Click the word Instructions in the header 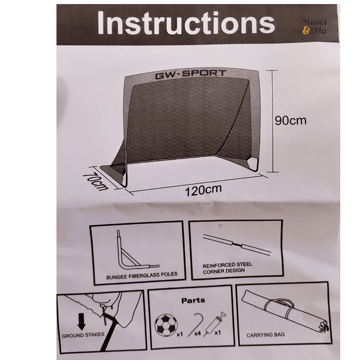coord(186,23)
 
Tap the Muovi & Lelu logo coord(314,27)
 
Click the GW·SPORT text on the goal coord(190,74)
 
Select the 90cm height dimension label coord(291,121)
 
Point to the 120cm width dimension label coord(203,190)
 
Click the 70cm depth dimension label coord(95,182)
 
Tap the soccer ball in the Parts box coord(166,325)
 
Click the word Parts coord(193,301)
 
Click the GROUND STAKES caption coord(83,335)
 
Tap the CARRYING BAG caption coord(265,335)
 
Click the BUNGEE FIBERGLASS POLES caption coord(142,275)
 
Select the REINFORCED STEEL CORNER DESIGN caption coord(227,268)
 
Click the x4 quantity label coord(198,333)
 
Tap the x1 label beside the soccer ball coord(180,334)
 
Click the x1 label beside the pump coord(218,333)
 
